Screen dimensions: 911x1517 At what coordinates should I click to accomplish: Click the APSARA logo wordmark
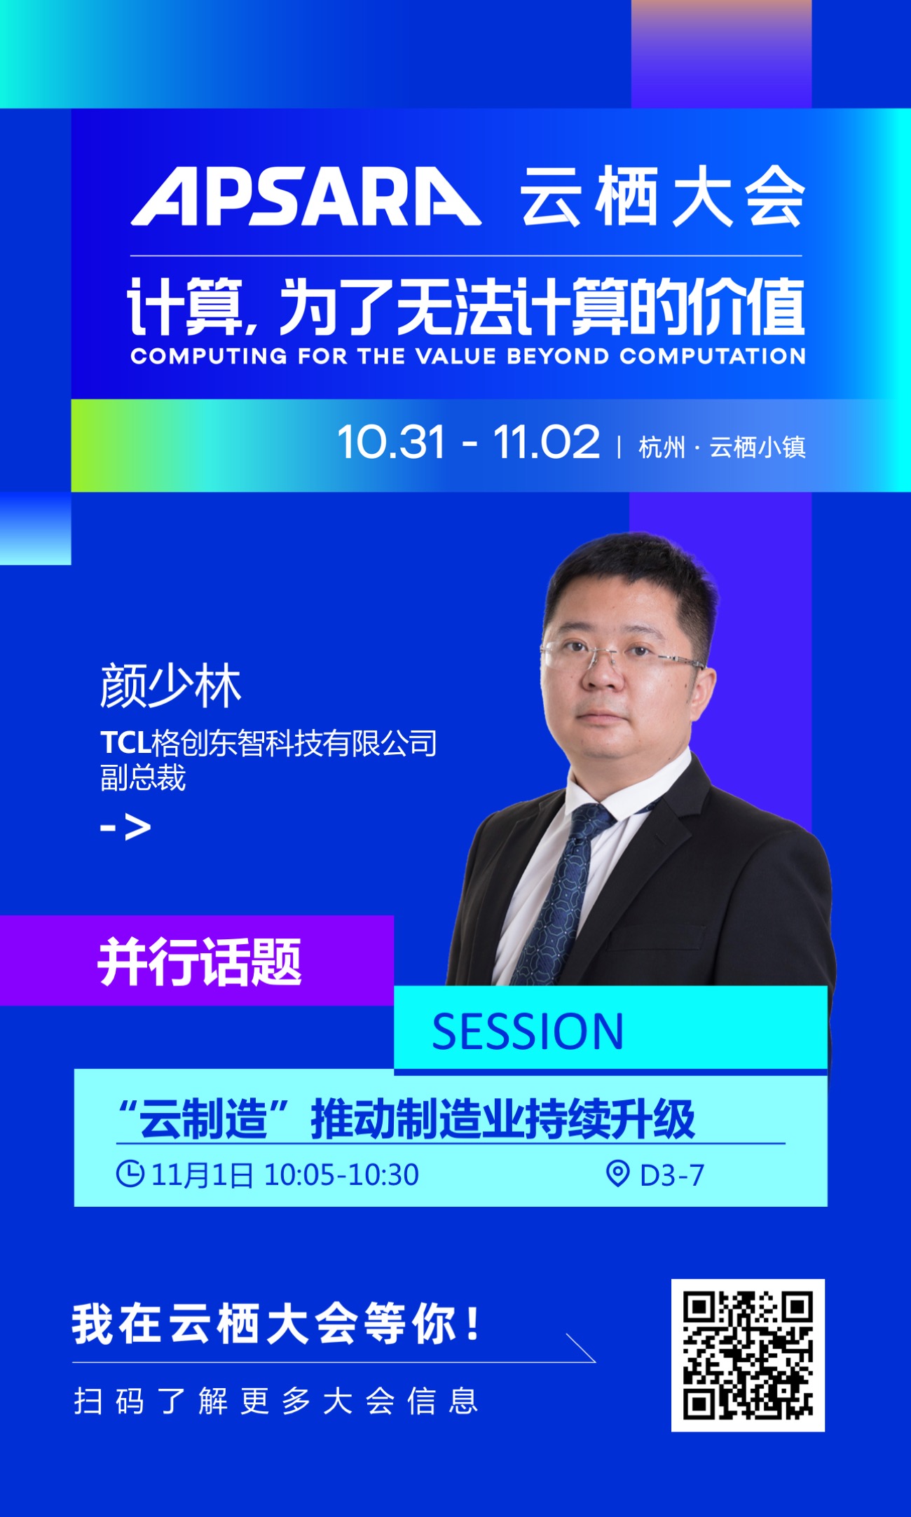(306, 196)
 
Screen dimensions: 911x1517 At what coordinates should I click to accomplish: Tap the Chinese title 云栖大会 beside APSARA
(662, 196)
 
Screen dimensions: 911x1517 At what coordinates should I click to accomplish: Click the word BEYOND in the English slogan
(558, 356)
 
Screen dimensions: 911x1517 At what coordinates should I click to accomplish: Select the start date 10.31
(391, 443)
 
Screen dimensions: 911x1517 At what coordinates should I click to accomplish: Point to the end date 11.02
(547, 443)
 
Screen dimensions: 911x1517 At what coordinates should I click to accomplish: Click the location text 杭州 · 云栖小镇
(722, 447)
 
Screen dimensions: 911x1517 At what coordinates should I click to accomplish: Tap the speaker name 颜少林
(170, 686)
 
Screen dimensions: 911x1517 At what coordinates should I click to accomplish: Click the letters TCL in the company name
(125, 742)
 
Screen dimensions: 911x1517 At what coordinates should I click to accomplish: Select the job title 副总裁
(143, 777)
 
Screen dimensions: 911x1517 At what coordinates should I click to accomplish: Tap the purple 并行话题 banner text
(200, 962)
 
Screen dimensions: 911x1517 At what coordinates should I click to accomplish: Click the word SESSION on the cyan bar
(527, 1032)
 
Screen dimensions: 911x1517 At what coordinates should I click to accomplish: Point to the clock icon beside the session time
(130, 1174)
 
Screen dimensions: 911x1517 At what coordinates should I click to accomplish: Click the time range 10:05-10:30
(341, 1175)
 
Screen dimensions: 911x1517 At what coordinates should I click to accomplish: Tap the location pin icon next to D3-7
(617, 1174)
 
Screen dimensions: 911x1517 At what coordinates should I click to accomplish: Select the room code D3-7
(672, 1175)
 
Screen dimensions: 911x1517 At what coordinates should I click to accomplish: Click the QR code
(748, 1355)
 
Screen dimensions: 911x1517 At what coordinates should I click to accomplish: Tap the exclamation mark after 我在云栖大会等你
(474, 1324)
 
